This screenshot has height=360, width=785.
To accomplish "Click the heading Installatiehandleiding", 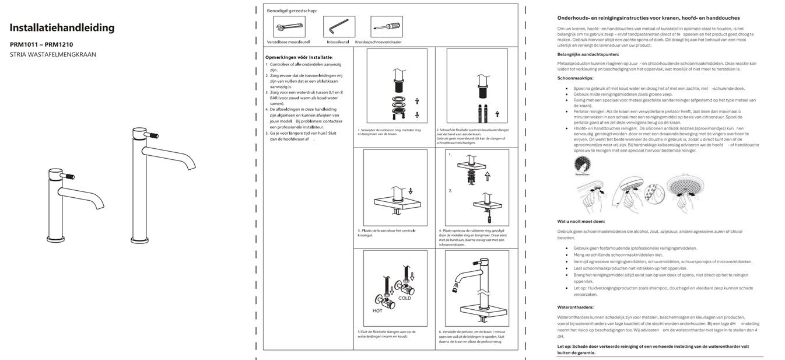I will (x=62, y=28).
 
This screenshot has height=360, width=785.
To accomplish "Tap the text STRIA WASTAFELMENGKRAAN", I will (x=53, y=54).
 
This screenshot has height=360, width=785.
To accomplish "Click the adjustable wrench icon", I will (x=288, y=27).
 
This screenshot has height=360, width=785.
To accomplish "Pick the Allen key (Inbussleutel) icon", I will (x=337, y=27).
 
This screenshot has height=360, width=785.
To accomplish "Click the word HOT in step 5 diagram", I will (x=377, y=310).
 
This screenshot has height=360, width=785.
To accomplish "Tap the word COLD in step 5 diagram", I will (x=404, y=298).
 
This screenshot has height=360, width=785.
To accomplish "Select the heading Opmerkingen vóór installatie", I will (x=299, y=57).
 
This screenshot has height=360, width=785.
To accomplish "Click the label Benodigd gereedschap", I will (x=292, y=11).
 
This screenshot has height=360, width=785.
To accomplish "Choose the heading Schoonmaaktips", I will (x=576, y=78).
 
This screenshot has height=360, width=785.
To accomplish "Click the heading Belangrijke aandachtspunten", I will (x=588, y=54).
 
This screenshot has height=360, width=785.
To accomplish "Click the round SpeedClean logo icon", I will (x=582, y=164).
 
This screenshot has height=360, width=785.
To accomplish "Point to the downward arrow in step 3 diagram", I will (x=411, y=190).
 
